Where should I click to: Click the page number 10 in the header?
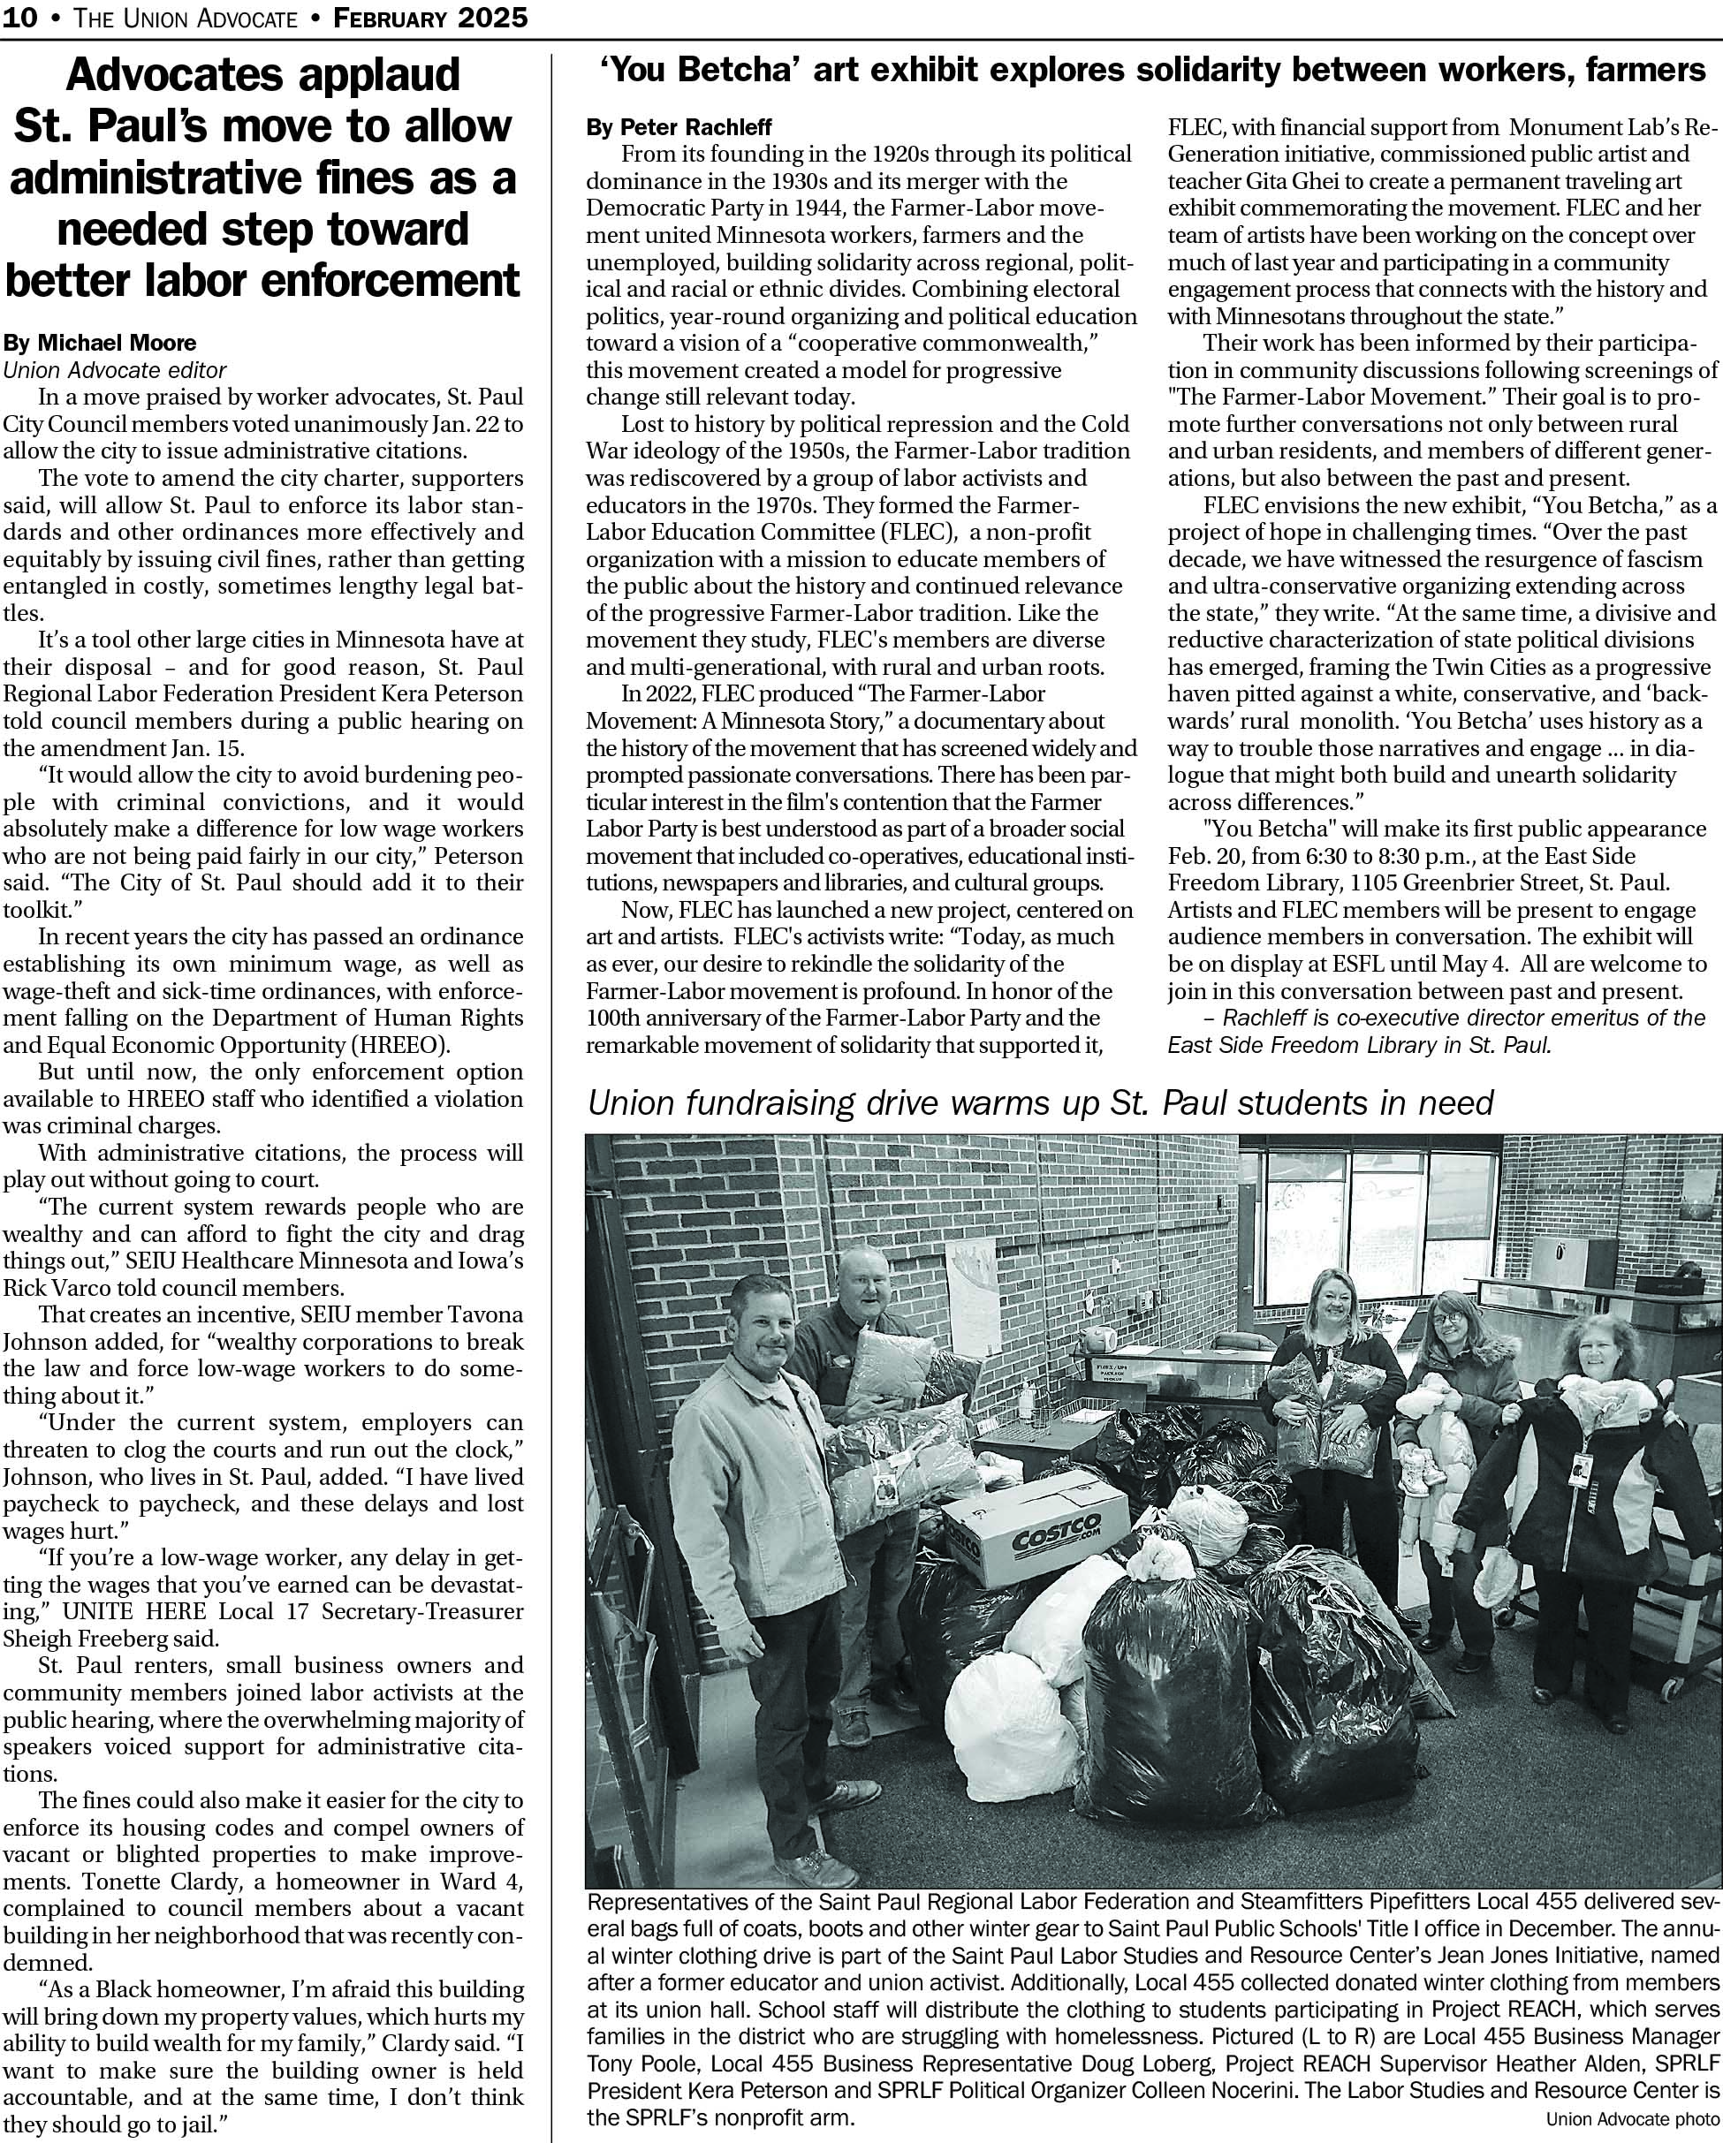21,18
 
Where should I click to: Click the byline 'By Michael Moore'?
100,343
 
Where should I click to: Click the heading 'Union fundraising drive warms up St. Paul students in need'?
1040,1102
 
